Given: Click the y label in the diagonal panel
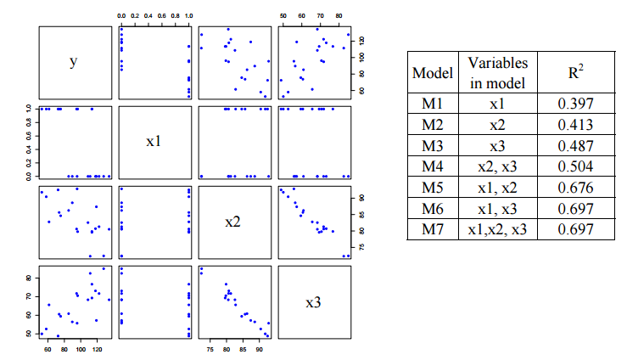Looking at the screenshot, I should pos(74,61).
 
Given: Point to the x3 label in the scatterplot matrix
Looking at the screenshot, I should pos(313,301).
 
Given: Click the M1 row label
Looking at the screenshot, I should pos(432,104).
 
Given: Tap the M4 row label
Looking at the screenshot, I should pos(432,166).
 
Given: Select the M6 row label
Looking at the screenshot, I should pos(432,208).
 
